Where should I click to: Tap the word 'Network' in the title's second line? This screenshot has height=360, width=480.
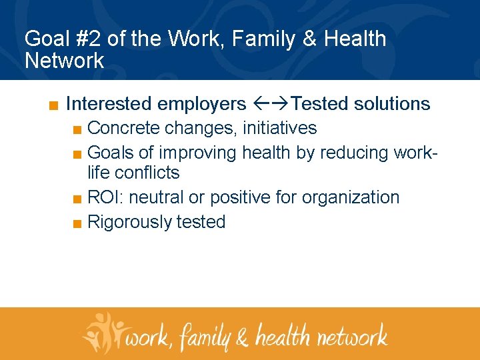(x=65, y=61)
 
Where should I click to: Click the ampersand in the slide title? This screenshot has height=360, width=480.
(x=310, y=39)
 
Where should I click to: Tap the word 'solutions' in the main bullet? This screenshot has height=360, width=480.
(x=392, y=104)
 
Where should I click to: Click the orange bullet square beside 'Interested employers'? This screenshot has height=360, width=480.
(x=53, y=105)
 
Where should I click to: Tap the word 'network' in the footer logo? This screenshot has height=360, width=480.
(x=351, y=335)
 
